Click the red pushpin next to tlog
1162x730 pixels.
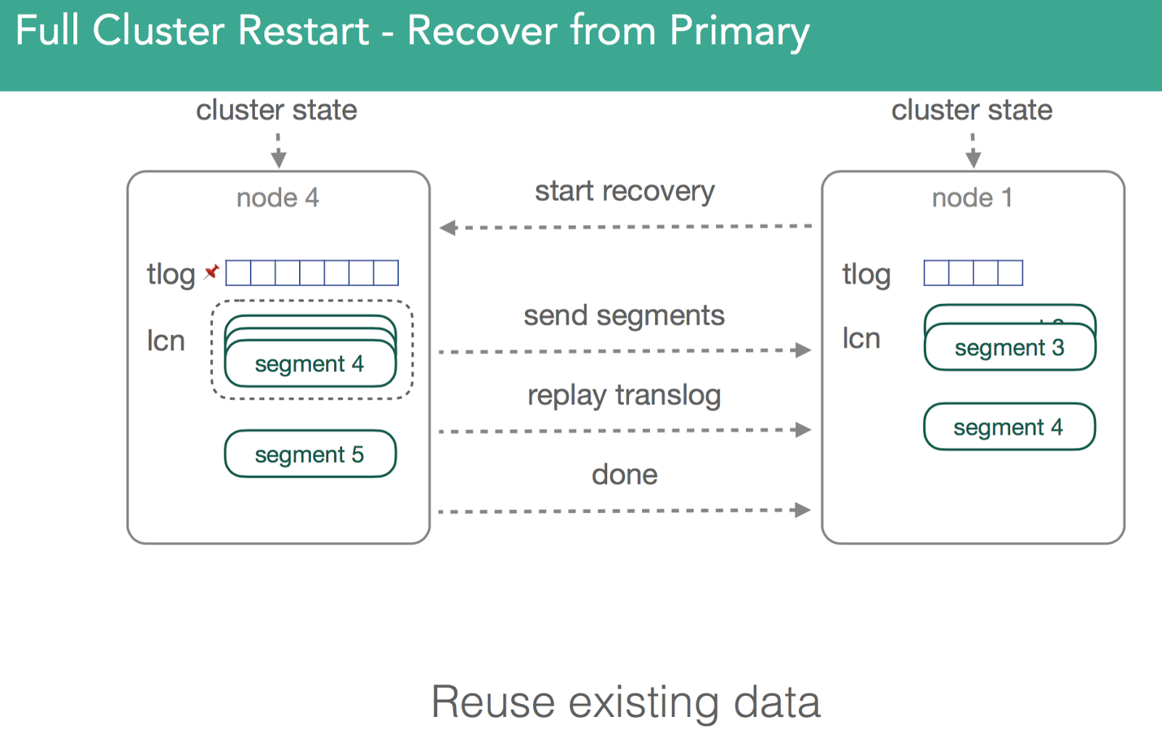[x=211, y=271]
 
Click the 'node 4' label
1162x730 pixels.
[x=277, y=197]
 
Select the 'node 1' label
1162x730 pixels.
[x=972, y=197]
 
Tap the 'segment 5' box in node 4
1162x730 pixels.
[x=310, y=454]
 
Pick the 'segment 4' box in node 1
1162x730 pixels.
[x=1009, y=426]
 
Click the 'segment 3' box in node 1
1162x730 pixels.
[x=1010, y=347]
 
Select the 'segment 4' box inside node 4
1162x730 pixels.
[x=310, y=363]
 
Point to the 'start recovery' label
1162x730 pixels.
[x=625, y=192]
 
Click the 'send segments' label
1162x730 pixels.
[x=624, y=316]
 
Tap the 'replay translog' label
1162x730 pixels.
[x=624, y=395]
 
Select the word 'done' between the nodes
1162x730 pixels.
[x=625, y=475]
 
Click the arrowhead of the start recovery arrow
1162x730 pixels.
[x=447, y=228]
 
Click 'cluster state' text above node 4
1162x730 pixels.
[x=277, y=110]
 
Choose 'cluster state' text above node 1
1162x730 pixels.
[x=972, y=110]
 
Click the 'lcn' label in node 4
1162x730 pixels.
[x=166, y=341]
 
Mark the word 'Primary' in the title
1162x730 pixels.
[x=739, y=32]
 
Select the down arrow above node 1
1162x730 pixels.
[x=973, y=151]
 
